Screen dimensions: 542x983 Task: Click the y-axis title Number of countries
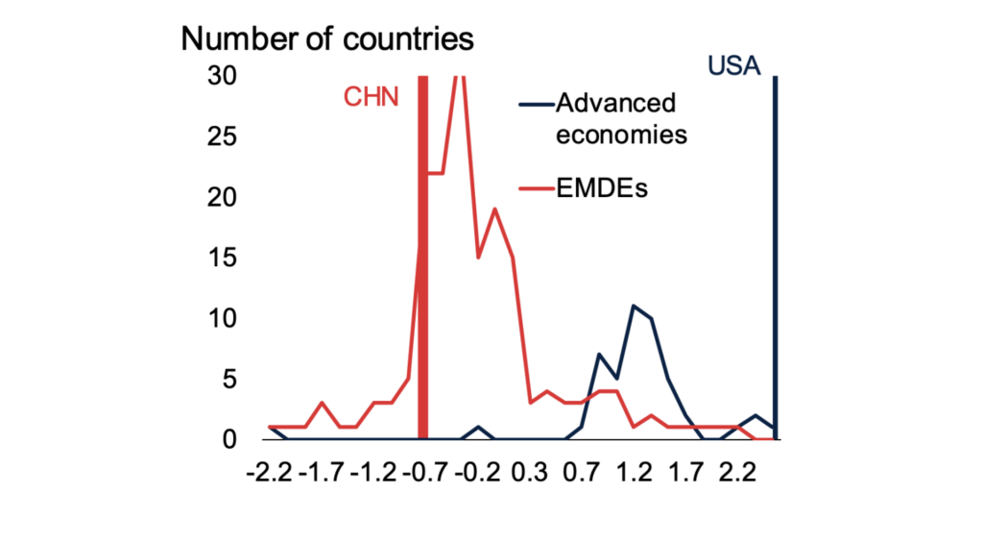click(328, 39)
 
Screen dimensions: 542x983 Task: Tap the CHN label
click(371, 98)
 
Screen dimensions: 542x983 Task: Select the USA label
click(733, 66)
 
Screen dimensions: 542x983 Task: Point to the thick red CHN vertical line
click(422, 288)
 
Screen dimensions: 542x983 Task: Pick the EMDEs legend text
click(602, 187)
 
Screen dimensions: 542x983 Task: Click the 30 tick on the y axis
click(223, 76)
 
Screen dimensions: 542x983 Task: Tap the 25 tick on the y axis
click(223, 136)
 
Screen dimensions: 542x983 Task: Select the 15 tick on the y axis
click(223, 258)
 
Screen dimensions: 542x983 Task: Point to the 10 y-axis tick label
click(223, 318)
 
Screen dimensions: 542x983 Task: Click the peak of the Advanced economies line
click(635, 306)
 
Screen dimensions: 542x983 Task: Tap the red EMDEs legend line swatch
click(535, 187)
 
